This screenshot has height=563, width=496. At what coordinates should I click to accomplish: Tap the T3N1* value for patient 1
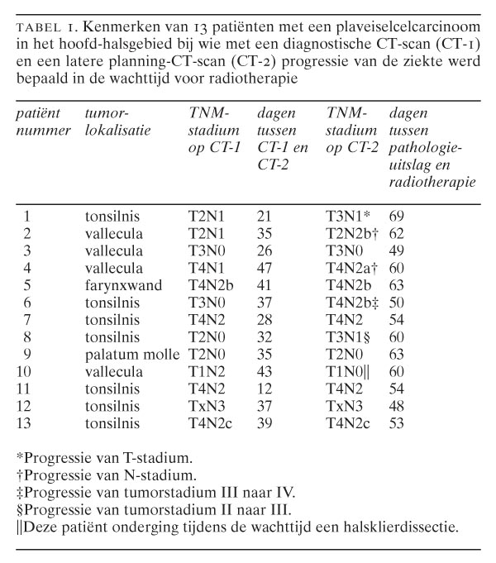pos(347,217)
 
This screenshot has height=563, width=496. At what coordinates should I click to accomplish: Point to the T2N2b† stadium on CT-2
pos(352,234)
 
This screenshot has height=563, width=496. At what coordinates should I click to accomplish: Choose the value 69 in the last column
pos(398,217)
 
